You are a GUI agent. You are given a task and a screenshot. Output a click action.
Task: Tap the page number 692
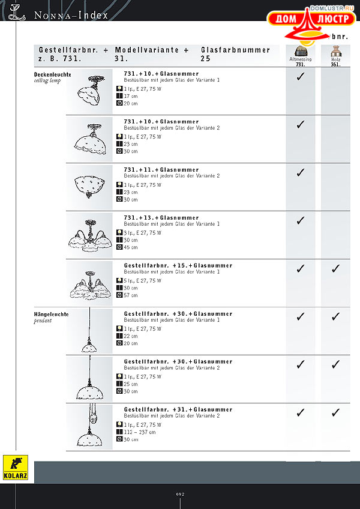click(180, 494)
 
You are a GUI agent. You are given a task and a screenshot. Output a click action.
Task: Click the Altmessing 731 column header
click(301, 56)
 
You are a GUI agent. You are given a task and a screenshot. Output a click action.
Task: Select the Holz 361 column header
click(335, 56)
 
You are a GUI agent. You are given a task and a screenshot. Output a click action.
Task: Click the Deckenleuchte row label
click(52, 74)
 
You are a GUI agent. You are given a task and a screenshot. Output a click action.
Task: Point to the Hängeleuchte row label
click(52, 315)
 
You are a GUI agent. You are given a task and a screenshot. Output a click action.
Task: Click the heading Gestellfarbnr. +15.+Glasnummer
click(178, 265)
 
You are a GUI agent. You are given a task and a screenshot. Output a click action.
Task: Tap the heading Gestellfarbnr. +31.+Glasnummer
click(178, 409)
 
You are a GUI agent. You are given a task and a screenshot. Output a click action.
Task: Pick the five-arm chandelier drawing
click(89, 285)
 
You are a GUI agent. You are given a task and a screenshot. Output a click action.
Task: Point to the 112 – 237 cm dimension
click(139, 432)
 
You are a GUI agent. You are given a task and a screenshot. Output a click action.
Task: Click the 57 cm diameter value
click(131, 295)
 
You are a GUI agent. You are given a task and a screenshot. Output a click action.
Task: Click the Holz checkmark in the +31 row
click(335, 412)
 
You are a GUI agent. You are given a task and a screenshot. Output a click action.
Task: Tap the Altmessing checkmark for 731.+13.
click(301, 220)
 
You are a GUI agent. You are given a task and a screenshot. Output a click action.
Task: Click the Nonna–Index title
click(71, 15)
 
